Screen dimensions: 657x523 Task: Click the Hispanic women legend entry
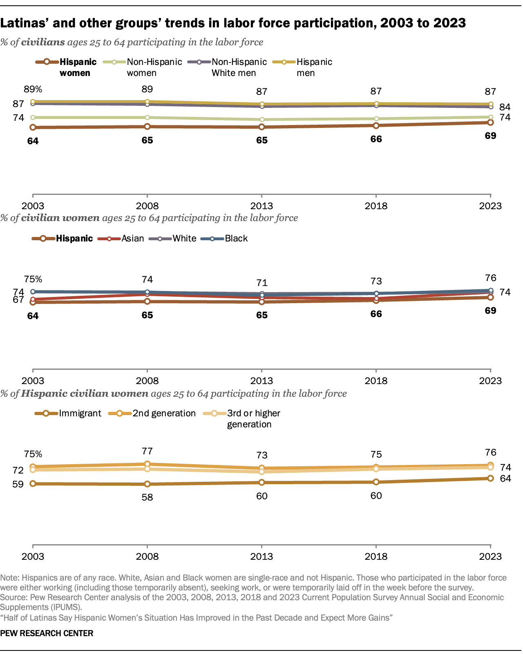click(x=78, y=67)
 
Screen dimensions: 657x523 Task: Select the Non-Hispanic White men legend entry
click(x=239, y=67)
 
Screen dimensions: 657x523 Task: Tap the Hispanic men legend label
click(x=314, y=67)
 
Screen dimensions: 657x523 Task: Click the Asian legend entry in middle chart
click(x=132, y=239)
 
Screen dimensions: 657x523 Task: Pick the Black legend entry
click(x=236, y=239)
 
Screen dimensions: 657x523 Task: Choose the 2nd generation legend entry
click(x=164, y=413)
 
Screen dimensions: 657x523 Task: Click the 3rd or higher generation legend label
click(x=253, y=418)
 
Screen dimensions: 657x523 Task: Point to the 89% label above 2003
click(x=33, y=89)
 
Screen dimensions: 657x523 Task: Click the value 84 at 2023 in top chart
click(x=505, y=107)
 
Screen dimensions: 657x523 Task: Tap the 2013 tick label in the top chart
click(x=261, y=206)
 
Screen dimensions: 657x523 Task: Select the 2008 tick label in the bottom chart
click(x=147, y=556)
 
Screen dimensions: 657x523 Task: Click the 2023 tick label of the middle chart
click(x=490, y=381)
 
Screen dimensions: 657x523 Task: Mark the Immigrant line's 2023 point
click(x=490, y=478)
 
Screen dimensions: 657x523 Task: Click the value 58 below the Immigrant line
click(x=147, y=497)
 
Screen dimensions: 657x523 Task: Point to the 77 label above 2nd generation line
click(x=147, y=451)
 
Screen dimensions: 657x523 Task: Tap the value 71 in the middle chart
click(x=261, y=283)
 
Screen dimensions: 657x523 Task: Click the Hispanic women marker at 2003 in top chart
click(x=33, y=127)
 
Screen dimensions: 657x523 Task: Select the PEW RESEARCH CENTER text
click(x=47, y=633)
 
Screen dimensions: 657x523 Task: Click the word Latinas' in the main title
click(x=24, y=23)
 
